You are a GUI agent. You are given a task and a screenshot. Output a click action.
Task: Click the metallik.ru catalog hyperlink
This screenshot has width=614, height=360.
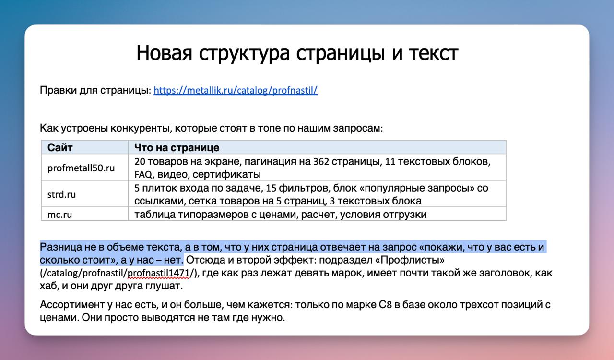236,90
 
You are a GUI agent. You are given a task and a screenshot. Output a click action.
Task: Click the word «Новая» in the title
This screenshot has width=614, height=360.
164,53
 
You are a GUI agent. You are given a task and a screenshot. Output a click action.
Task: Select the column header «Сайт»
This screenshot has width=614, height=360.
60,148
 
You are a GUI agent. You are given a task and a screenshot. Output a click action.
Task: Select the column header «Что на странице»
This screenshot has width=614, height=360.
177,148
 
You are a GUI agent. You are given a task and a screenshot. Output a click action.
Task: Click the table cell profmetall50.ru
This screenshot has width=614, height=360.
81,168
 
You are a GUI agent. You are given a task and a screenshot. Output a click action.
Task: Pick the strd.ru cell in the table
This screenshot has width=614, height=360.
61,194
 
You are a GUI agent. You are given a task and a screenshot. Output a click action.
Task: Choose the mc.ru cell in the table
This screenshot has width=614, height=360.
59,214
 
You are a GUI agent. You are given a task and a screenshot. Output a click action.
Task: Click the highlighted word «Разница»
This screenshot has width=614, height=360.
60,247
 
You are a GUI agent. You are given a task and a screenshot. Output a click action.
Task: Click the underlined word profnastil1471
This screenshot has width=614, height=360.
159,273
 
